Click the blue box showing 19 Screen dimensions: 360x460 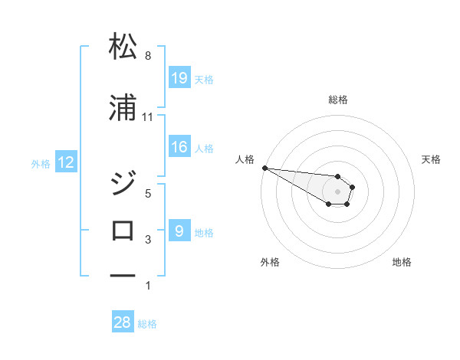coord(179,78)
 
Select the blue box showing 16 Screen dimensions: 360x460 coord(179,147)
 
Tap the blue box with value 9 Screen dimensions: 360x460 coord(179,231)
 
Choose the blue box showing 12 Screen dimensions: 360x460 coord(65,162)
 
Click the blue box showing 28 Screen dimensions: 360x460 coord(123,322)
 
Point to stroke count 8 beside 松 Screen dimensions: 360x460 coord(148,56)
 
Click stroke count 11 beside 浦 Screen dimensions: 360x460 coord(148,117)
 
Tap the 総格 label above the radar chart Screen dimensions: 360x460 coord(337,100)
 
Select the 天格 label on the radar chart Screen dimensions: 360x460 coord(432,159)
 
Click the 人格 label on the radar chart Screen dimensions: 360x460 coord(245,159)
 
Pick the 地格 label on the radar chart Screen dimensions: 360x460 coord(402,262)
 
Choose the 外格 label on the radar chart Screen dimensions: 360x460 coord(270,262)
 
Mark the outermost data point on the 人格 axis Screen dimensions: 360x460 coord(264,168)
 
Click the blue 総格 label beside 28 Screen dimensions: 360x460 coord(147,324)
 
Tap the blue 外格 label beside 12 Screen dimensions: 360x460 coord(40,163)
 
